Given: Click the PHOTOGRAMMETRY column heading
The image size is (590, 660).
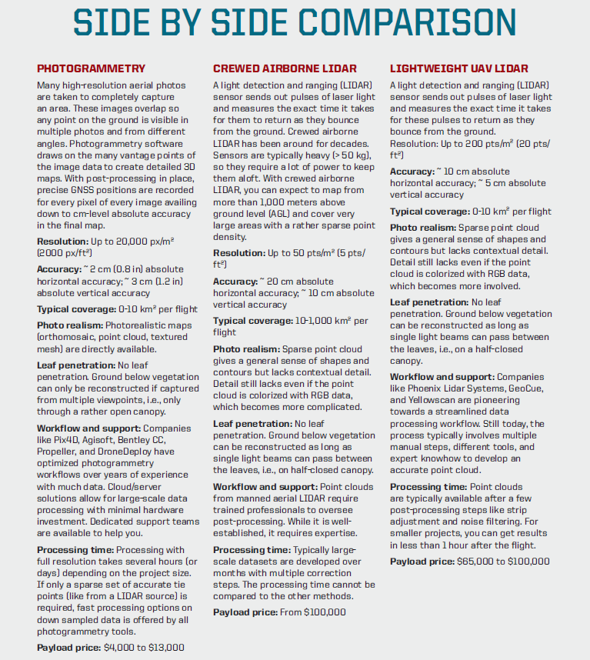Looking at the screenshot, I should (91, 68).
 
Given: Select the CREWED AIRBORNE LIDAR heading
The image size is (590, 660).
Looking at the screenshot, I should (285, 68).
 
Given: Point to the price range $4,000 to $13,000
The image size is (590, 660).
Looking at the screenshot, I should (144, 648).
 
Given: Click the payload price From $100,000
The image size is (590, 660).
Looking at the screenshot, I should (312, 612).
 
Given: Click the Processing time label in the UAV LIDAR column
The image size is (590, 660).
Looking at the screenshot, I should (426, 487).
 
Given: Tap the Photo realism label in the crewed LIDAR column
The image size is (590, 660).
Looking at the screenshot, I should (246, 348).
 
